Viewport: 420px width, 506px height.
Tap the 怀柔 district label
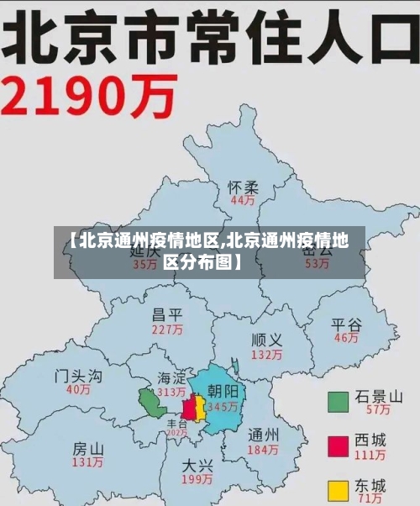pos(244,187)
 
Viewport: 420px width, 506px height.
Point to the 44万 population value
pos(243,201)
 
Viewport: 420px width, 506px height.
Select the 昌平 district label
pos(167,315)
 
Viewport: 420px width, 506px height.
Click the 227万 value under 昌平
pos(167,330)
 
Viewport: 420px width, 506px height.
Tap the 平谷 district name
pos(346,324)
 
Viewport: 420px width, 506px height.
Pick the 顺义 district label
pos(266,340)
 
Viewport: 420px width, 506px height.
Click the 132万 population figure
pos(266,355)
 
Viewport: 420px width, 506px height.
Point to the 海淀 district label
pos(171,378)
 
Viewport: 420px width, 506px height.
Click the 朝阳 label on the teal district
pos(223,391)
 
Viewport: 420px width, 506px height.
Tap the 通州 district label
pos(263,435)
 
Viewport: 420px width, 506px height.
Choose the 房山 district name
pos(87,448)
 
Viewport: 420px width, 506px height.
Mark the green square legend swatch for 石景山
pos(339,402)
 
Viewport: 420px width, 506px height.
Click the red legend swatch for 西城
pos(339,445)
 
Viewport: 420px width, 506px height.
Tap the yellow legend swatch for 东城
pos(339,490)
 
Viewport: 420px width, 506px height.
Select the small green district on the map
pos(152,403)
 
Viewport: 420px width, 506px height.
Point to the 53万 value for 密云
pos(317,264)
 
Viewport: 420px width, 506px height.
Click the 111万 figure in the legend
pos(370,455)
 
